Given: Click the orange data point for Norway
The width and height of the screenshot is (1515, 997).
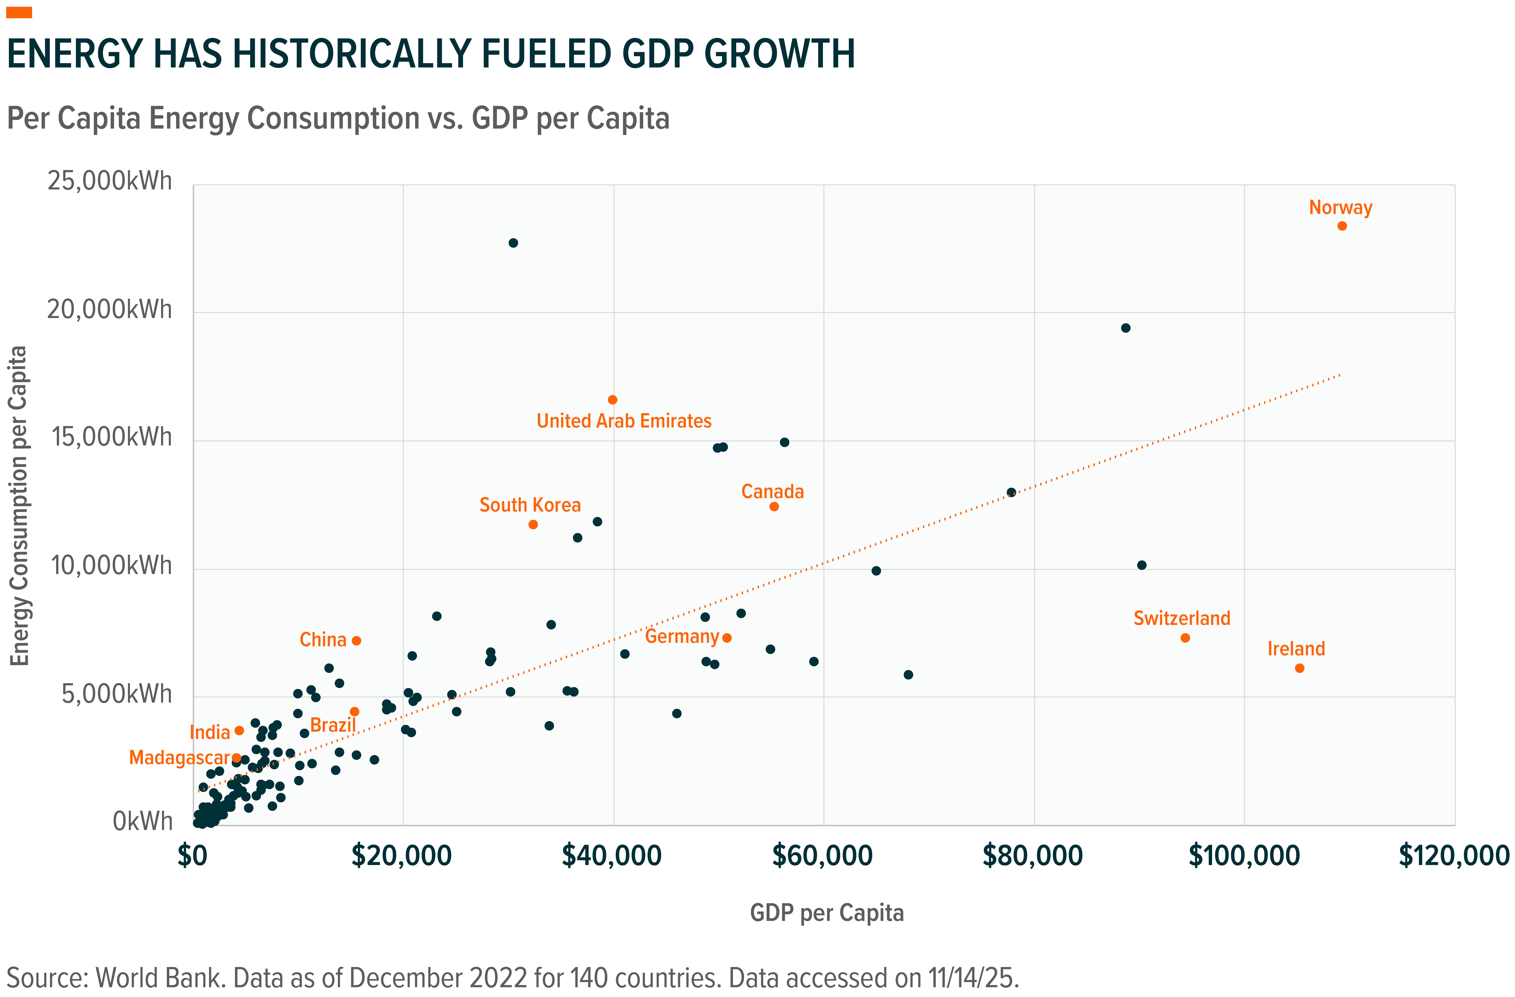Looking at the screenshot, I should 1342,226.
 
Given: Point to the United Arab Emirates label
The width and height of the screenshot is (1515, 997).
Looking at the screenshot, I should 624,420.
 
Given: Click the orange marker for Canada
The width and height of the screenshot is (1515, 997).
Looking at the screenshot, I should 774,507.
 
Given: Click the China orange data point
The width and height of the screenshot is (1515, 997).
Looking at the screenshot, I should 356,641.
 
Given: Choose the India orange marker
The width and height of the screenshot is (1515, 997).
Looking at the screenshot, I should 239,730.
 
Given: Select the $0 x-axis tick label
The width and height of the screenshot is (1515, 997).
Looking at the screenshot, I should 192,856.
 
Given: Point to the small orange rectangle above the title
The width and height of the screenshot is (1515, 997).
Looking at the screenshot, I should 19,13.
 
